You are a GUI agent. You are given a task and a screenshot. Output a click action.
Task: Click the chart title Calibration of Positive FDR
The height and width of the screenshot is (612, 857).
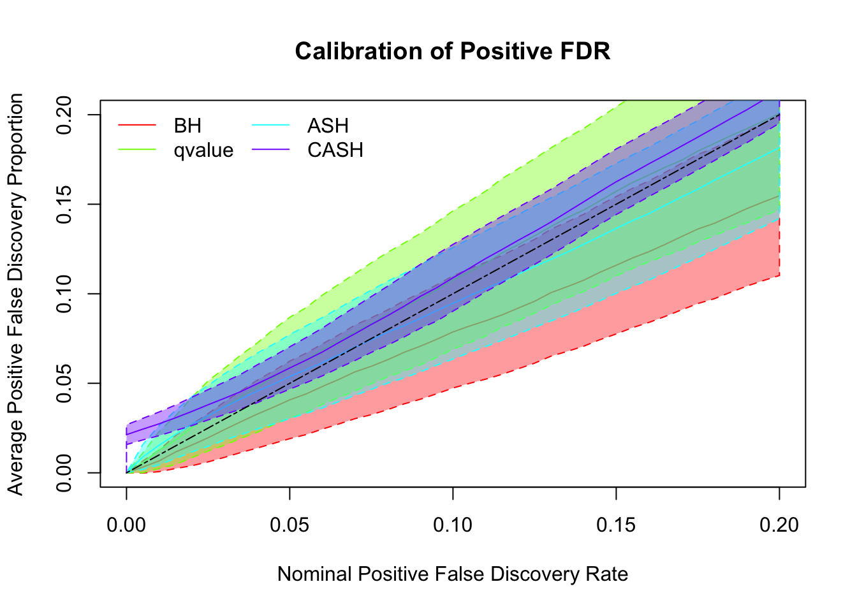pos(453,51)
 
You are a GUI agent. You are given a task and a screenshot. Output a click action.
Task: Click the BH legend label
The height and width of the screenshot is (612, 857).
pos(187,126)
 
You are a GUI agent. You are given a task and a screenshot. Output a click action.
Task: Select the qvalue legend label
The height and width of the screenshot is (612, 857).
pos(203,150)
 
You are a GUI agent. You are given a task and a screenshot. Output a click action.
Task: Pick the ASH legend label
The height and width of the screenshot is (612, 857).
pos(328,126)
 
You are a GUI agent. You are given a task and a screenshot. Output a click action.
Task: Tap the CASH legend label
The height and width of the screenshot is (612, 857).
pos(335,150)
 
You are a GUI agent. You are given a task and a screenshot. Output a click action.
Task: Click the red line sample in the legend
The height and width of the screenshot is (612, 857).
pos(137,126)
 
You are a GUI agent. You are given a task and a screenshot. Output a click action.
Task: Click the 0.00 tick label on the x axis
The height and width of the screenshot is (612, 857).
pos(126,525)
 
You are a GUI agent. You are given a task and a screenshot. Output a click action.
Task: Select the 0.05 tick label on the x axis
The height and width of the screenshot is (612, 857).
pos(289,525)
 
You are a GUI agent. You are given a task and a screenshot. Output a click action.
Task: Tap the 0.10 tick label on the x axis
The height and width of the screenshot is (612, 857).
pos(453,525)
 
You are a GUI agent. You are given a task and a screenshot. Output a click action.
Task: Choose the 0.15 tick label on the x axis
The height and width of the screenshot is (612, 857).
pos(616,525)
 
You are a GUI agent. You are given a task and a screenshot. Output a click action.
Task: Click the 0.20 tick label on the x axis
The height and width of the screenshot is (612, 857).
pos(779,525)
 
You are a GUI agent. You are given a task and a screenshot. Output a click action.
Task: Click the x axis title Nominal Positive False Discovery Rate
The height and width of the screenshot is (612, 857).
pos(453,574)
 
